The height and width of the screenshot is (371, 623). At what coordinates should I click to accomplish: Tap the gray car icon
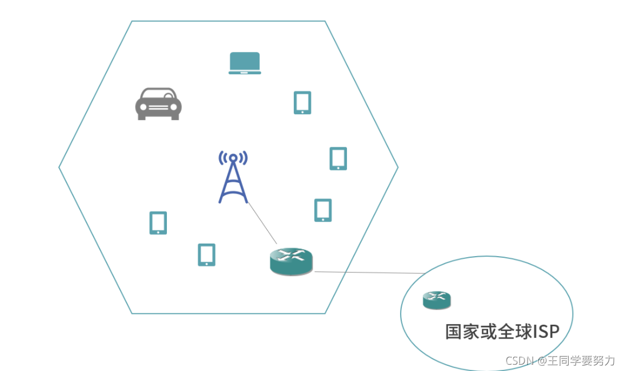point(158,104)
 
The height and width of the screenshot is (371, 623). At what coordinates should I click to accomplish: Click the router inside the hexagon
point(291,261)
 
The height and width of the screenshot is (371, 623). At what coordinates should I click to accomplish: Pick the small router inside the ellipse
point(437,300)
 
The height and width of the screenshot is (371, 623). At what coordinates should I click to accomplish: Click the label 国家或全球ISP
point(501,332)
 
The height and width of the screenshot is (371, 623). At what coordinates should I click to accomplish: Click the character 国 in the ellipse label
point(453,332)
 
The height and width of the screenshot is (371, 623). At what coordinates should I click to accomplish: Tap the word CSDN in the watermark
point(519,361)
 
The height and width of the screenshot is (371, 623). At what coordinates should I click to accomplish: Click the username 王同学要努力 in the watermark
point(581,361)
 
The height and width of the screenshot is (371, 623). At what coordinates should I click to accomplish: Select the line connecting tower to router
point(262,224)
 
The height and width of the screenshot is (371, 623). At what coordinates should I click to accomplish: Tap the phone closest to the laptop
point(302,103)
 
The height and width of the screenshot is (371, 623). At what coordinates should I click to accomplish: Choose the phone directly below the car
point(158,223)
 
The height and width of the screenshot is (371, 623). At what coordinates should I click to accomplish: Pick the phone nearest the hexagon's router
point(323,210)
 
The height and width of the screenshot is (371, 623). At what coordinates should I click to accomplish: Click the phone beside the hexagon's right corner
point(338,158)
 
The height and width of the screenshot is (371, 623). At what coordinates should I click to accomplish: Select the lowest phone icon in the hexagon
point(206,255)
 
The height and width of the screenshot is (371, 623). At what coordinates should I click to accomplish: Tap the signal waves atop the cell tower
point(233,157)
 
